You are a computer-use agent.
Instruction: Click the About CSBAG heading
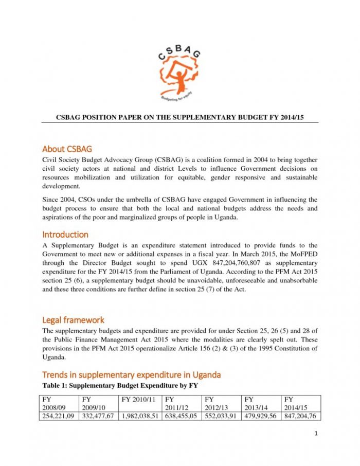pos(67,149)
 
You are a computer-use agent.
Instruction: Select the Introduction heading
pos(65,235)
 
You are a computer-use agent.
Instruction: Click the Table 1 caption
pos(119,385)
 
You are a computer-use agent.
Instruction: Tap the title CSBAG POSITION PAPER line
pos(180,118)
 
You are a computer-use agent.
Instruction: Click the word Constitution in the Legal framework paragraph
pos(289,348)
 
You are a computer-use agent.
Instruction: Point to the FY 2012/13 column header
pos(221,403)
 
